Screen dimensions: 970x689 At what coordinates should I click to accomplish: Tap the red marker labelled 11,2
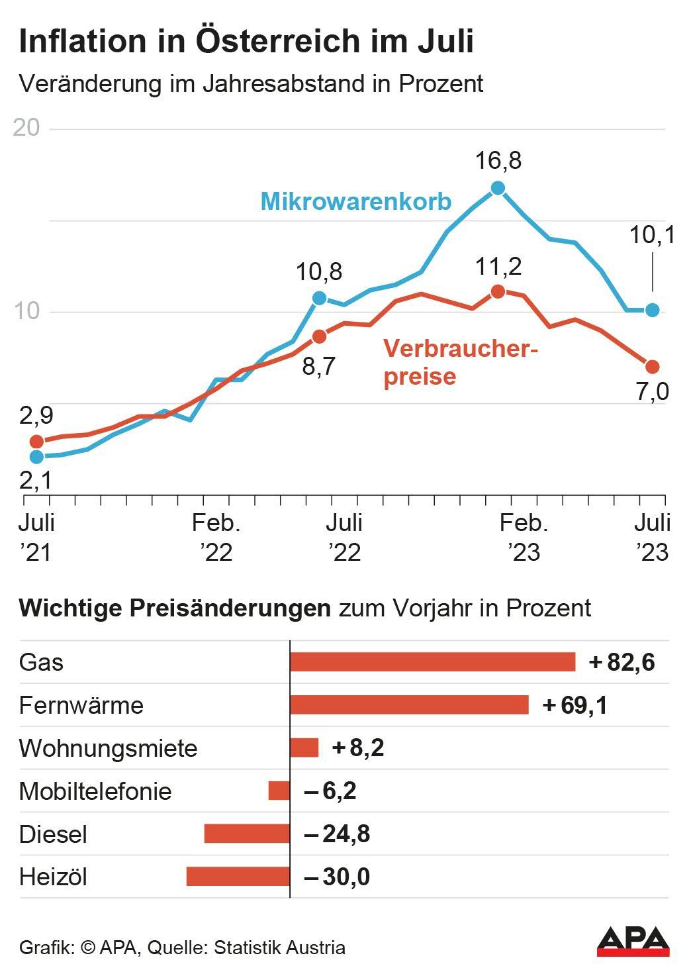(498, 291)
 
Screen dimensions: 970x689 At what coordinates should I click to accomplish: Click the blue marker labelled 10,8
(319, 298)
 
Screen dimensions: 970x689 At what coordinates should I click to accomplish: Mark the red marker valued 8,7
(319, 336)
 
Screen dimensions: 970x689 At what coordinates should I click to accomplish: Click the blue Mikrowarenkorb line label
(356, 201)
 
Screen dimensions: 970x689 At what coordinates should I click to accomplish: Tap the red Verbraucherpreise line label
(460, 362)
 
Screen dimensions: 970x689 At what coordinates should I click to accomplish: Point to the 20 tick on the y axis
(26, 128)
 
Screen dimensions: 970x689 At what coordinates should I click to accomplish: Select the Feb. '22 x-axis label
(216, 537)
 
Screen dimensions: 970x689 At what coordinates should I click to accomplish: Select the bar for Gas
(432, 661)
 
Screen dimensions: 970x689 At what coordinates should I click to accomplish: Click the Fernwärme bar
(409, 704)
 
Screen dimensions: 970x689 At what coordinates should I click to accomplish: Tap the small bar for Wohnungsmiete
(304, 748)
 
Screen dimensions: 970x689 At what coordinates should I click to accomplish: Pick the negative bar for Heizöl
(238, 877)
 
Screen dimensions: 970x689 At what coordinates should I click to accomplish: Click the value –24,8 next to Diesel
(337, 834)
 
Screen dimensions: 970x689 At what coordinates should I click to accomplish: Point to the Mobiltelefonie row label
(95, 791)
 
